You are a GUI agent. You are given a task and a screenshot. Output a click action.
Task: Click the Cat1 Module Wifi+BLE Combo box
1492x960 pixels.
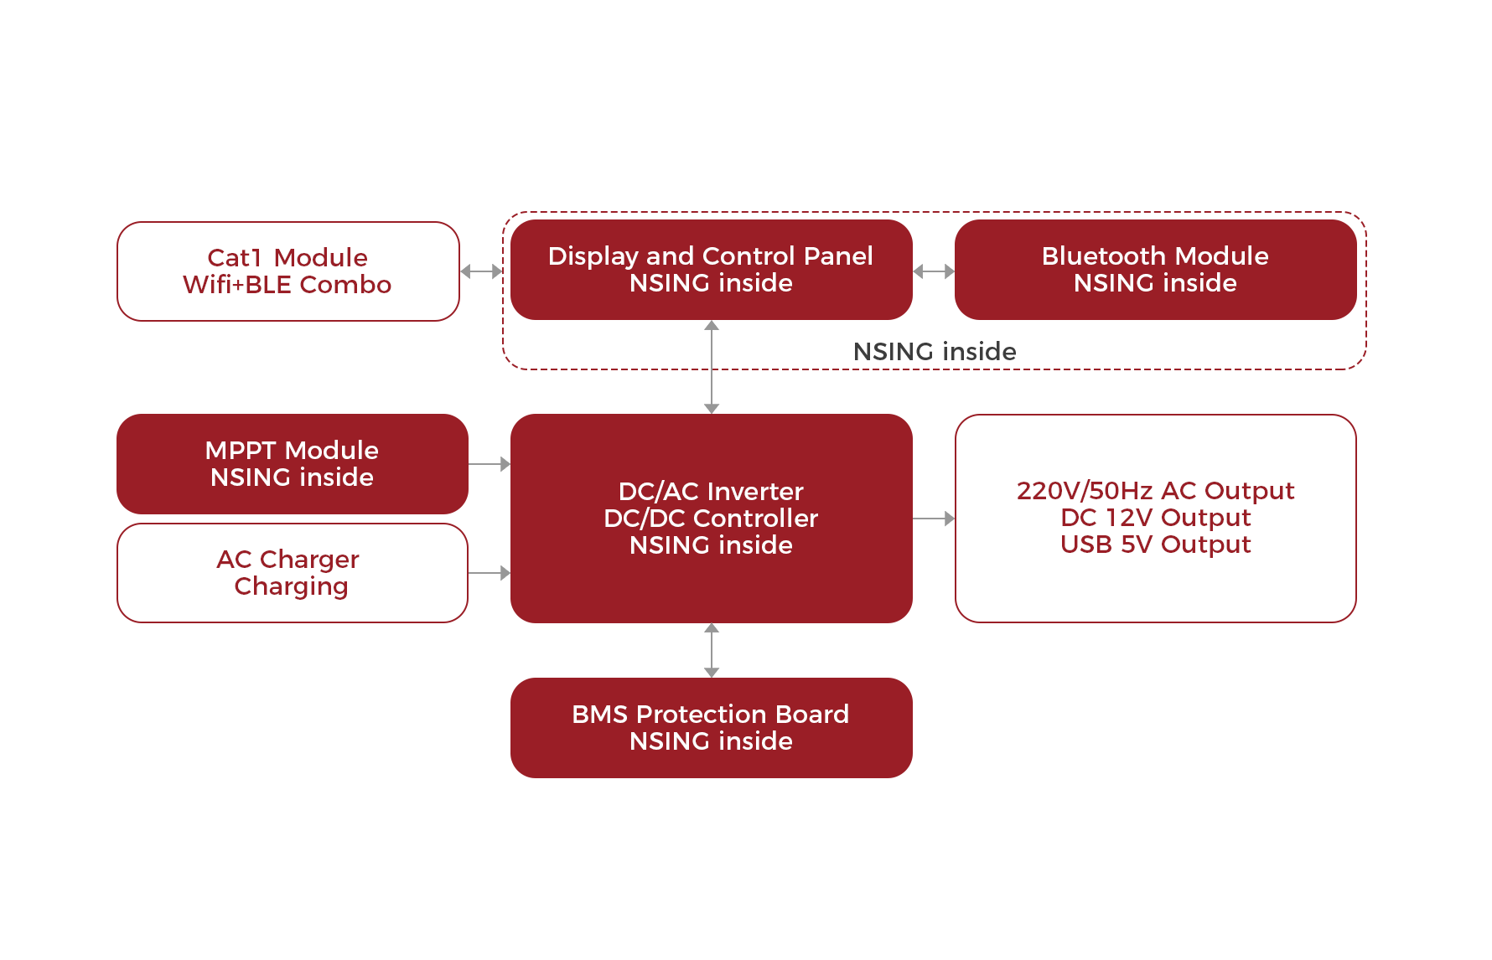coord(288,271)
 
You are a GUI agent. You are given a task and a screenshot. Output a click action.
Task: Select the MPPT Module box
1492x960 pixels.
coord(292,463)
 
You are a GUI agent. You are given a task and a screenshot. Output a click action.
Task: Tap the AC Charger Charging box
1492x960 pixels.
coord(292,572)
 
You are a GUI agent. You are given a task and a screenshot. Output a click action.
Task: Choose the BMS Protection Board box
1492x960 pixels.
coord(711,727)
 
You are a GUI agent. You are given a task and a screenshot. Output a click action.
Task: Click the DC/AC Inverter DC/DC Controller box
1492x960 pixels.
coord(711,518)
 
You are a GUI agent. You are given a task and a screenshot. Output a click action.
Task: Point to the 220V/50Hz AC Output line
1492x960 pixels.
coord(1155,490)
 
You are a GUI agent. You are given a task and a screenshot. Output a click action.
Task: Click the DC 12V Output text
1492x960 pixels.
coord(1155,518)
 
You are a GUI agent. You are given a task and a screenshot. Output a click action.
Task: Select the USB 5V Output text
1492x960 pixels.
coord(1155,545)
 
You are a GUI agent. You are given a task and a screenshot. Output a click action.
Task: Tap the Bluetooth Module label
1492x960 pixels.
coord(1155,255)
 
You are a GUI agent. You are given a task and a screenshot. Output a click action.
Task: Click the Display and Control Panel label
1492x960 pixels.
coord(710,255)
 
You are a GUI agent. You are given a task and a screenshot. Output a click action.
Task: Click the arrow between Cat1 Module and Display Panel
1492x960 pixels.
coord(481,271)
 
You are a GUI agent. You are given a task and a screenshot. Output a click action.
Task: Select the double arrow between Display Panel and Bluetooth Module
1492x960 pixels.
coord(934,271)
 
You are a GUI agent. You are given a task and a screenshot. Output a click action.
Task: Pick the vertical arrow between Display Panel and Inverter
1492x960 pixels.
coord(712,367)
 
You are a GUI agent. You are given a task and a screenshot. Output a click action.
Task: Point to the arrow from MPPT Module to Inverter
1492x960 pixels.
coord(490,463)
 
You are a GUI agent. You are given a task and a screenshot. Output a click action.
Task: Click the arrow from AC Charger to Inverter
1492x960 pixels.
coord(490,573)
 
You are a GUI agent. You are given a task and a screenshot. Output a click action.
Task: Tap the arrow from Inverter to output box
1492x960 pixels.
coord(934,519)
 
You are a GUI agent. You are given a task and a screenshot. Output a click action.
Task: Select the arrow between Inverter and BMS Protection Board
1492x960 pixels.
coord(712,650)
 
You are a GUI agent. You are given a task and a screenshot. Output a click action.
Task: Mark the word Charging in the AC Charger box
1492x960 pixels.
coord(292,586)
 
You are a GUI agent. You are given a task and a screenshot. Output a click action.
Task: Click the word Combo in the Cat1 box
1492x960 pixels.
coord(345,285)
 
